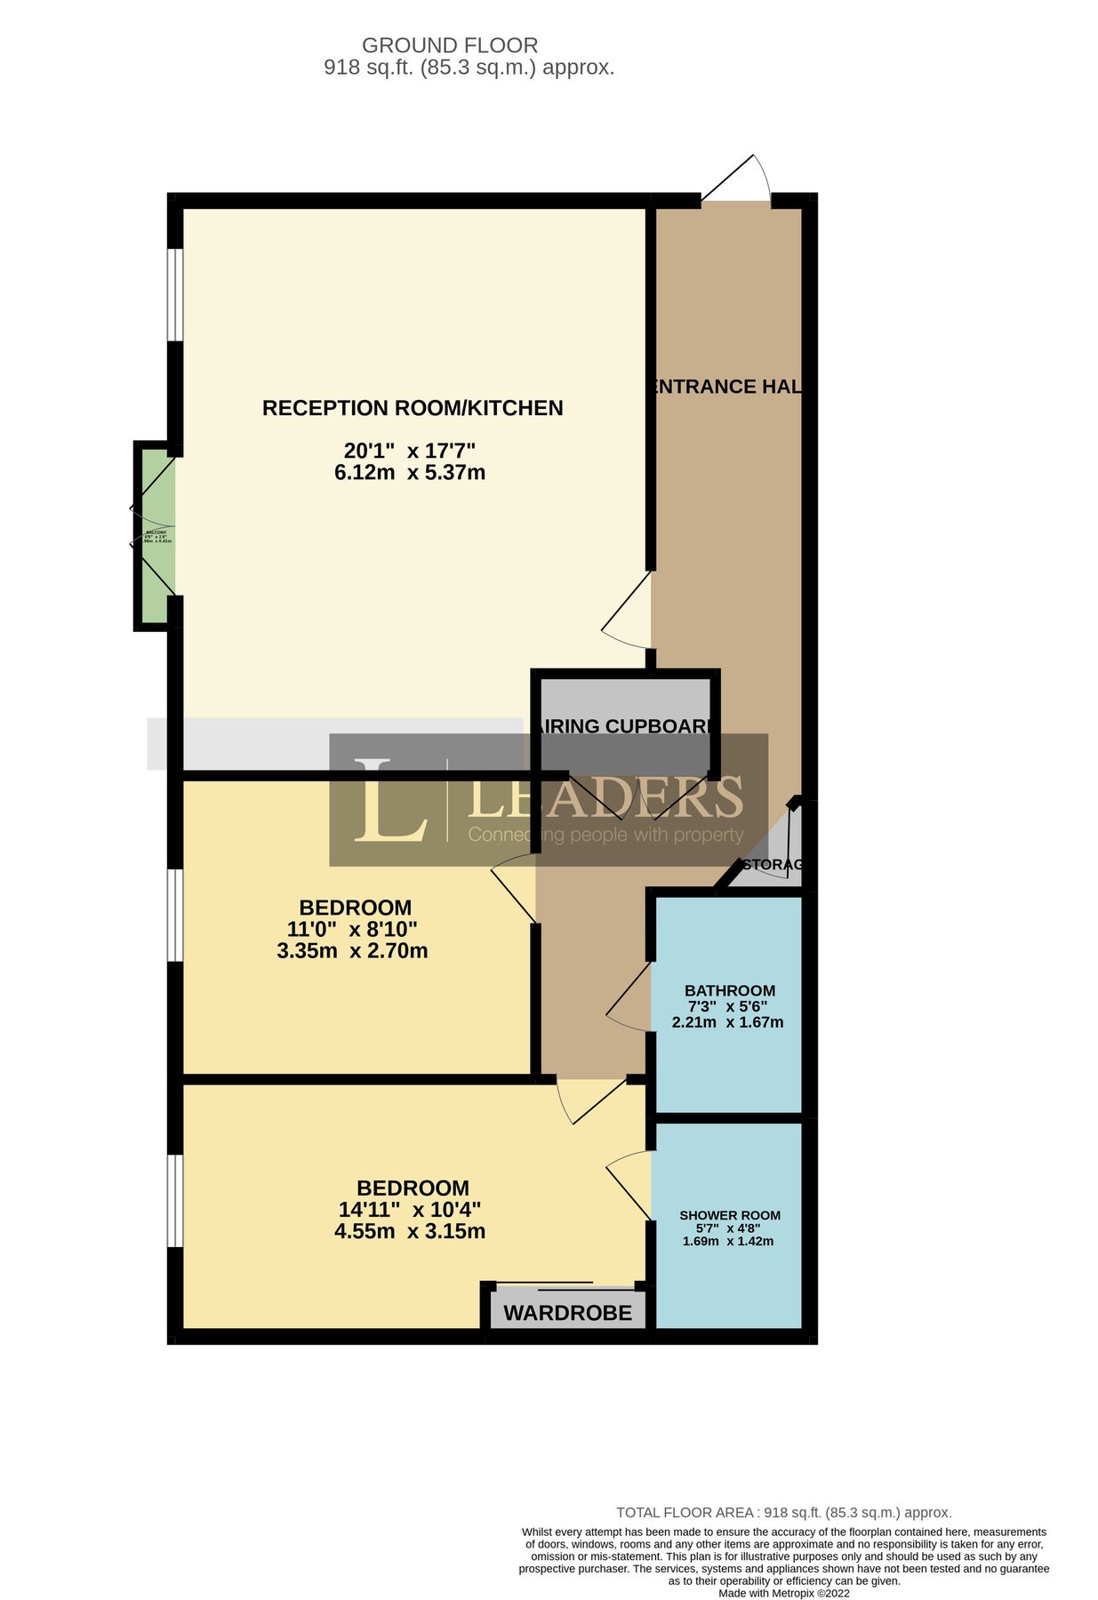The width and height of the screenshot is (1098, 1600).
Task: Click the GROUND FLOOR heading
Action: [x=449, y=45]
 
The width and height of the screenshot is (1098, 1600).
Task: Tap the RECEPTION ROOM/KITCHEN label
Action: [x=413, y=408]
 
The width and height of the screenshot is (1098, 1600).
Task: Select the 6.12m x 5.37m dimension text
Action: [x=410, y=472]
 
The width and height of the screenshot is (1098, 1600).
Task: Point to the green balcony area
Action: [x=156, y=536]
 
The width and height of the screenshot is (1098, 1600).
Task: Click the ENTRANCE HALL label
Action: [x=726, y=387]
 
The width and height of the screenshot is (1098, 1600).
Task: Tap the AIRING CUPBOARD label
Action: [x=626, y=726]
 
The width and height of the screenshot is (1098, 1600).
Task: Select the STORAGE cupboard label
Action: [x=772, y=864]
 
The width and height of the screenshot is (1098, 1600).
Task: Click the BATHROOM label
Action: [x=729, y=990]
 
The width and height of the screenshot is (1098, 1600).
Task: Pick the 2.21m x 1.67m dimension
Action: [x=727, y=1022]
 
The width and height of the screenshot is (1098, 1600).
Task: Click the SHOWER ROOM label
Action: [x=729, y=1215]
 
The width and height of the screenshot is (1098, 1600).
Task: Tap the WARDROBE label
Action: [x=567, y=1313]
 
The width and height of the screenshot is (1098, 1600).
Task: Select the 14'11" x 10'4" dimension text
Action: [x=409, y=1210]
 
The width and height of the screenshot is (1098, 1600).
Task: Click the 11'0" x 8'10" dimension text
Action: [x=352, y=930]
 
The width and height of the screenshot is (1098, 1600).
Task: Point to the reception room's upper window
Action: [x=176, y=294]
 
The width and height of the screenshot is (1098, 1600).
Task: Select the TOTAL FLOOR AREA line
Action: [x=783, y=1512]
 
